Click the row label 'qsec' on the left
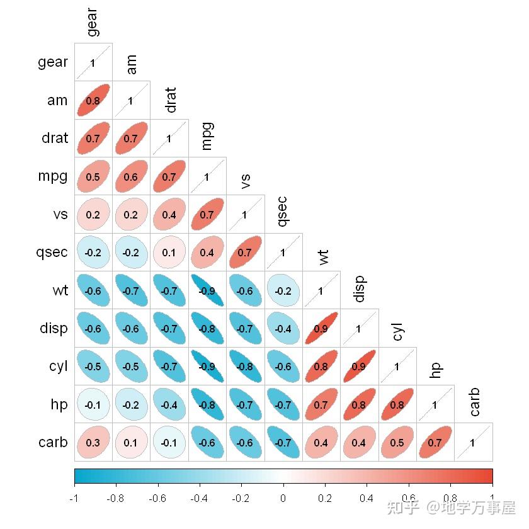point(52,253)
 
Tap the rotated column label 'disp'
point(359,289)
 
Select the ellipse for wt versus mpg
point(207,291)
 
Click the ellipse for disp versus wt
point(321,329)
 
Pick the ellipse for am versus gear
point(93,100)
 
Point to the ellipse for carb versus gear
point(93,443)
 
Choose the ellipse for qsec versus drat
point(169,253)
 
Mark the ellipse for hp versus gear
point(93,405)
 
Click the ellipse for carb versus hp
point(435,443)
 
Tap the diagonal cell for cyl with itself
point(397,367)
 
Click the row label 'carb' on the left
point(52,442)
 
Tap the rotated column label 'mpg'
point(207,136)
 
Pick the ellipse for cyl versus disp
point(359,367)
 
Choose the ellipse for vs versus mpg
point(207,215)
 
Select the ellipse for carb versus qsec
point(283,443)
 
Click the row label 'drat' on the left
point(55,138)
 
